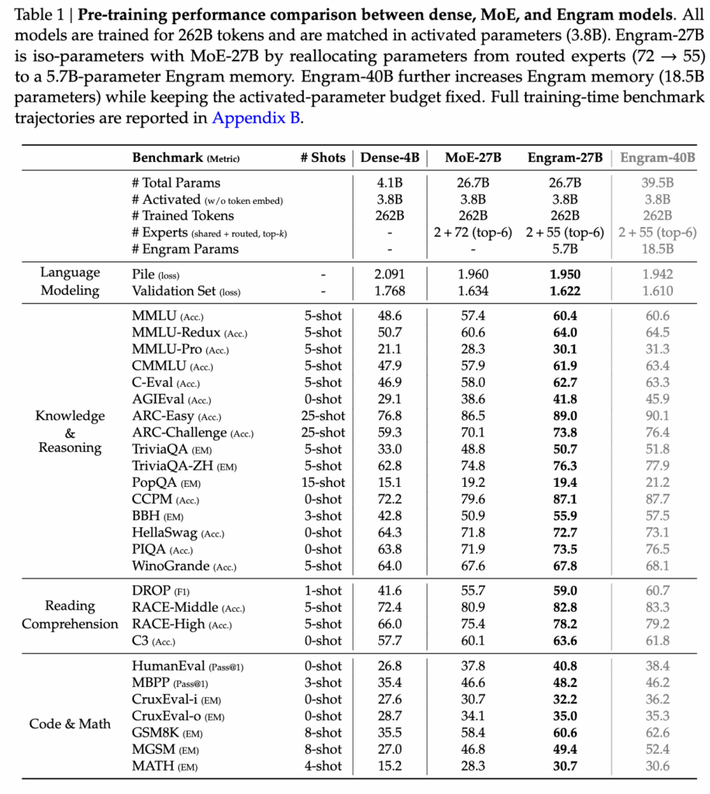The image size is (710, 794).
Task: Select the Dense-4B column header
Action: tap(391, 157)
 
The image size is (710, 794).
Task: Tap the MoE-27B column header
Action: tap(473, 157)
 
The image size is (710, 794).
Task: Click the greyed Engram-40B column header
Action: tap(657, 157)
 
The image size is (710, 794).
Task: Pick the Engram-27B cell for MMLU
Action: tap(565, 316)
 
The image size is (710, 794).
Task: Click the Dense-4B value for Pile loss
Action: tap(391, 274)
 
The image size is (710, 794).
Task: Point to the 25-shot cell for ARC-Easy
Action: tap(322, 416)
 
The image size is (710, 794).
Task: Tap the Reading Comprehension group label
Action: tap(70, 615)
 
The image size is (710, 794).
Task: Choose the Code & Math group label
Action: tap(70, 724)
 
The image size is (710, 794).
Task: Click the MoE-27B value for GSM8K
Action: tap(473, 733)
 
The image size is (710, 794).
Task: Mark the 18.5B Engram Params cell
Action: tap(657, 249)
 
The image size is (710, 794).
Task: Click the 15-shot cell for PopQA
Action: tap(322, 482)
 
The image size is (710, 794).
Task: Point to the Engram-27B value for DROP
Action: tap(565, 591)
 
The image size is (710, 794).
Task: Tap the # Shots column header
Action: tap(322, 157)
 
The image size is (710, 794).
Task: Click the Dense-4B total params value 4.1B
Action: tap(391, 183)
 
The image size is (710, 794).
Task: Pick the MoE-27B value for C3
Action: tap(473, 640)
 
